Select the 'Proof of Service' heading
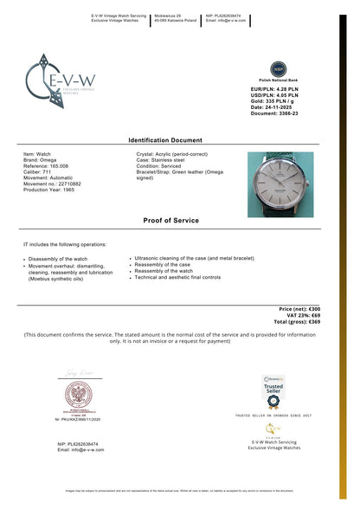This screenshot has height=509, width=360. pos(171,221)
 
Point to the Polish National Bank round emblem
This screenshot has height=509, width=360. pos(278,69)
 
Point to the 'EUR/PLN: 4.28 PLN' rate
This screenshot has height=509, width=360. pos(274,88)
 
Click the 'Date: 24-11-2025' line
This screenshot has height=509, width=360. pos(272,106)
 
